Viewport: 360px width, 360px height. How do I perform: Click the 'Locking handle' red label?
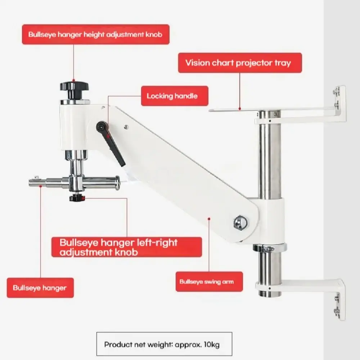tap(175, 96)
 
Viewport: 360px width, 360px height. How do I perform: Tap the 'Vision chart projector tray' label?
tap(240, 63)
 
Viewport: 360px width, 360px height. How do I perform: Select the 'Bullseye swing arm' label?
tap(209, 282)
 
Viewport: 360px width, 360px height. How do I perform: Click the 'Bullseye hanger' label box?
tap(40, 288)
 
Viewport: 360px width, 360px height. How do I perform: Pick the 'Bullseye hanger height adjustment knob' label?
tap(95, 35)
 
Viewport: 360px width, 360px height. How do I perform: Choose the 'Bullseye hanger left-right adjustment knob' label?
tap(126, 247)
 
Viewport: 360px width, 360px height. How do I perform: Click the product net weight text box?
tap(164, 344)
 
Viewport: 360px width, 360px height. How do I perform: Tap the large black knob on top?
tap(74, 89)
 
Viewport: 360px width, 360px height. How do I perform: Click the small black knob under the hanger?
tap(77, 197)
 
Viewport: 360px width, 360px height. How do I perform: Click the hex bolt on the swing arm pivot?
tap(240, 222)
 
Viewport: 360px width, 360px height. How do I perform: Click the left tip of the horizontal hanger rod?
tap(30, 183)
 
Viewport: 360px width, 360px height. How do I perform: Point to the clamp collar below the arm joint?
tap(270, 248)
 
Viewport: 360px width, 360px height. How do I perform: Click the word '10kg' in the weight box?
tap(212, 345)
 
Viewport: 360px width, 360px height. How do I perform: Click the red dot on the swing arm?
tap(209, 219)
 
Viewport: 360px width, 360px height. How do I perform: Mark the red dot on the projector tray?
tap(240, 109)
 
